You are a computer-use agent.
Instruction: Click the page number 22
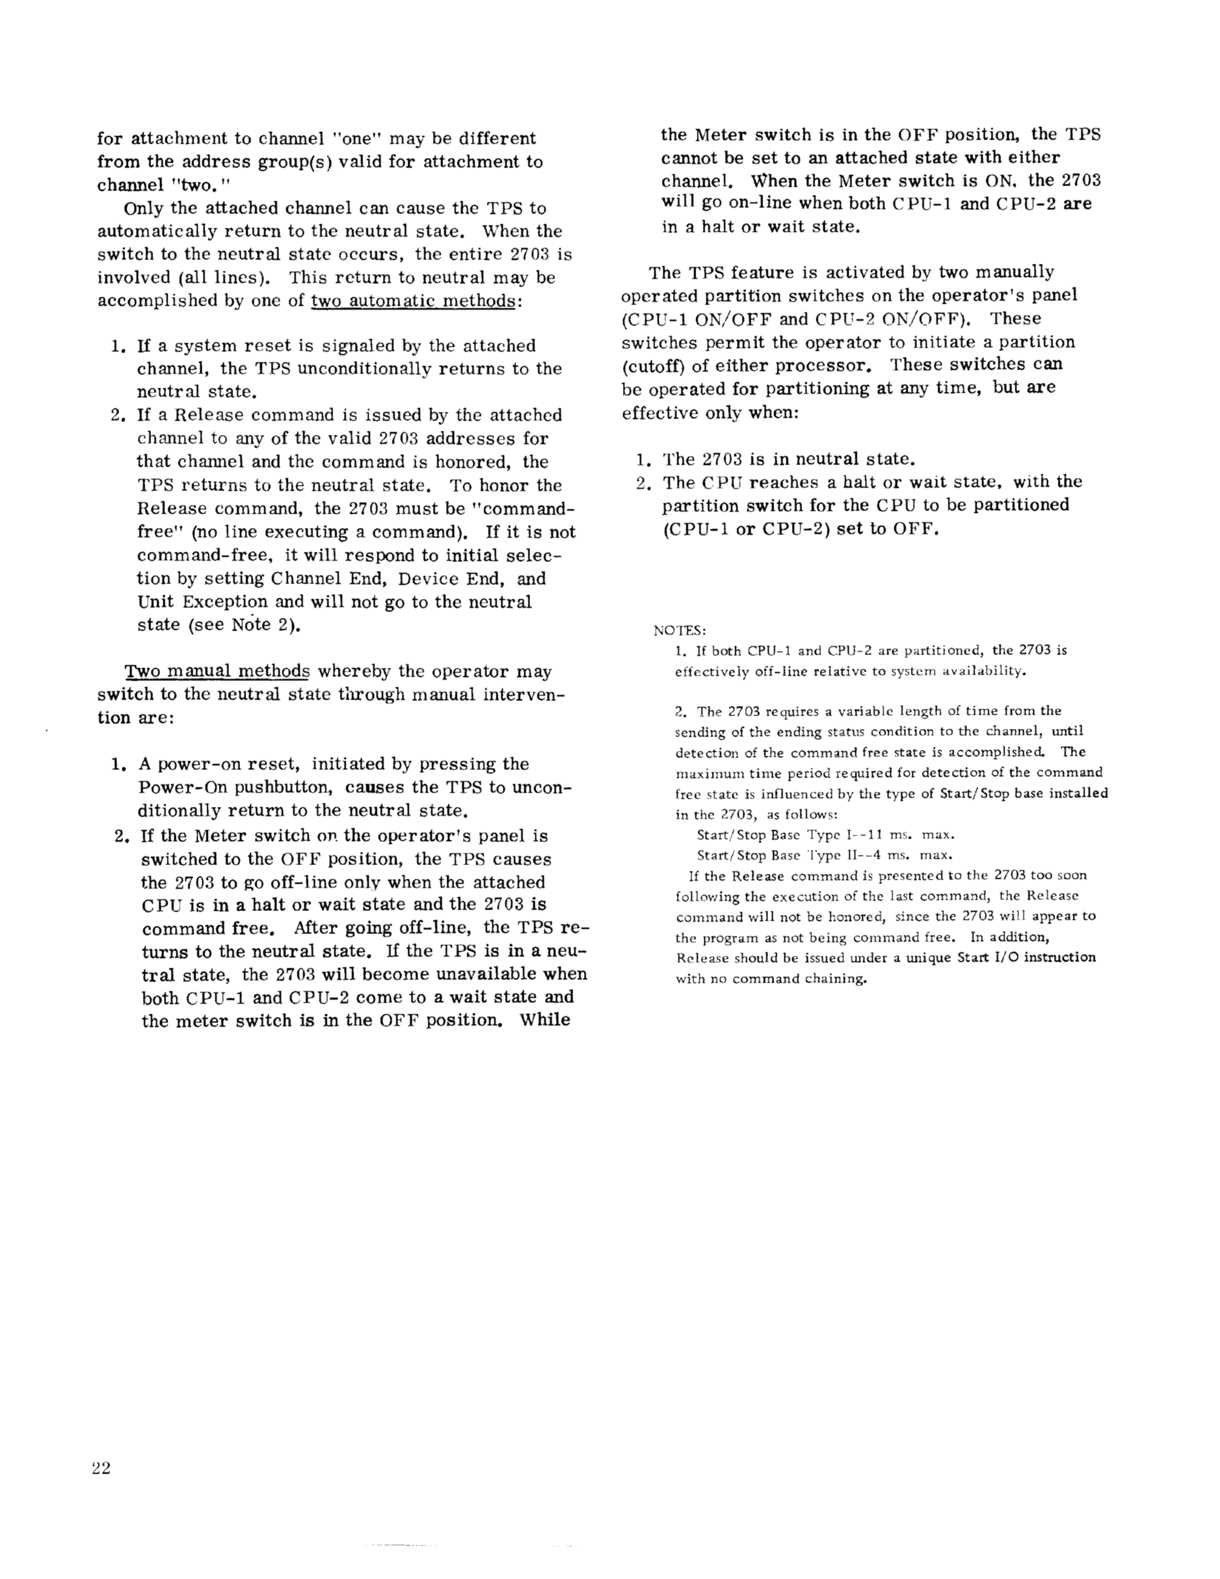pyautogui.click(x=101, y=1468)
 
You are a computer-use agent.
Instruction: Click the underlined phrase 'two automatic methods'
pyautogui.click(x=413, y=301)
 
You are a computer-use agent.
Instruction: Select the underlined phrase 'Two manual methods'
pyautogui.click(x=217, y=672)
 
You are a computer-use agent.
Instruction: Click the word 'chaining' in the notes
pyautogui.click(x=834, y=980)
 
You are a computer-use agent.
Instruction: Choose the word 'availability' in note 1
pyautogui.click(x=992, y=671)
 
